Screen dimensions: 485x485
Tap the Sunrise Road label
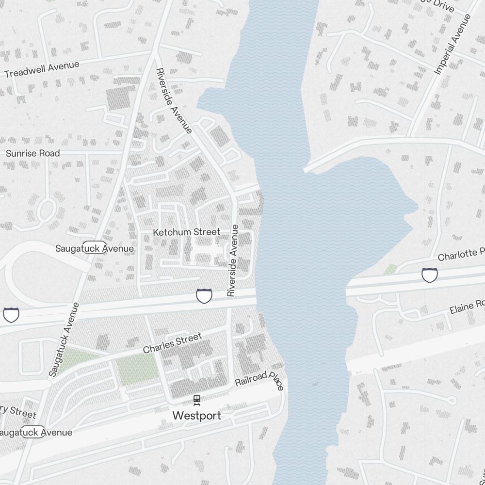click(x=33, y=153)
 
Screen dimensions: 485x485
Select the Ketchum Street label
click(x=186, y=232)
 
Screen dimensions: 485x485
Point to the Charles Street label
click(x=172, y=343)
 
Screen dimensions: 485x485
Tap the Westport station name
click(x=196, y=416)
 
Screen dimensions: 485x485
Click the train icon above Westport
click(x=196, y=400)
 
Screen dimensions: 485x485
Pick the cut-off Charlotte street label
click(x=461, y=255)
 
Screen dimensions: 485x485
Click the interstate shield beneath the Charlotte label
click(x=429, y=275)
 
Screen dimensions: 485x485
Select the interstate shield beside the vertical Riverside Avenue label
click(x=204, y=295)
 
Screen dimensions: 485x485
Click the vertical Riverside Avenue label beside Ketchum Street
click(x=234, y=260)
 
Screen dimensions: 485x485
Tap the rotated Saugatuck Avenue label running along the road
click(x=64, y=339)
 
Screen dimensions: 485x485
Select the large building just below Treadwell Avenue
click(x=118, y=98)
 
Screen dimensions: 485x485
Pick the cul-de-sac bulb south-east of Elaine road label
click(x=452, y=400)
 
